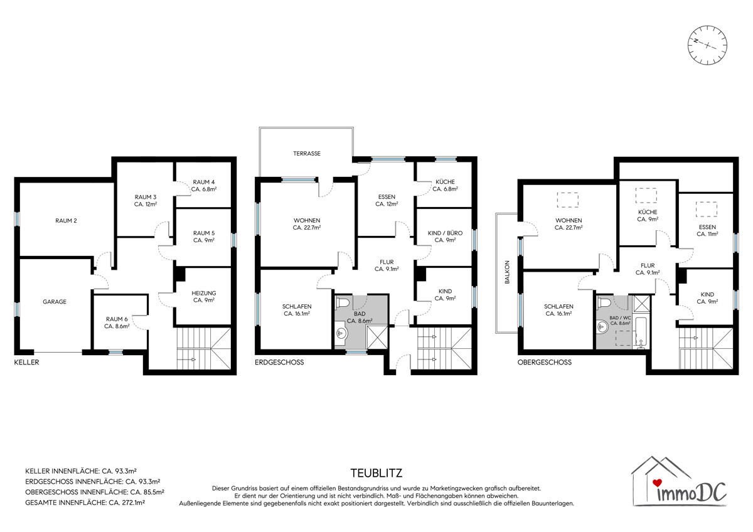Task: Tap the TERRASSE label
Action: click(x=307, y=154)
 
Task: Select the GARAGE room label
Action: click(x=55, y=302)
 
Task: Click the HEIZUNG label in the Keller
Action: click(x=204, y=293)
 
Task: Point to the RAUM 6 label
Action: click(x=117, y=319)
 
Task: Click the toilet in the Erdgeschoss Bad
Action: click(x=343, y=302)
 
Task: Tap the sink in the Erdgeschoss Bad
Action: click(x=341, y=332)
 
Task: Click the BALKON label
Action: click(x=507, y=272)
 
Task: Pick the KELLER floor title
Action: click(x=26, y=362)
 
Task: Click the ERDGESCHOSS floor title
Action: click(x=279, y=362)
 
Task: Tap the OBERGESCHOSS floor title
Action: click(x=544, y=362)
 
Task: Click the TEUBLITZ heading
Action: click(x=376, y=473)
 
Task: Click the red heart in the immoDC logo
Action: click(x=657, y=482)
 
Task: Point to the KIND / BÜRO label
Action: click(x=445, y=233)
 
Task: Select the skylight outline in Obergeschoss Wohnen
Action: click(x=568, y=199)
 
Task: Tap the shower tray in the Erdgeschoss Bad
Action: click(x=377, y=337)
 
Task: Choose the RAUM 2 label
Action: click(x=66, y=221)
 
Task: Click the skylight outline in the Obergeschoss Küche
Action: click(x=646, y=196)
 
